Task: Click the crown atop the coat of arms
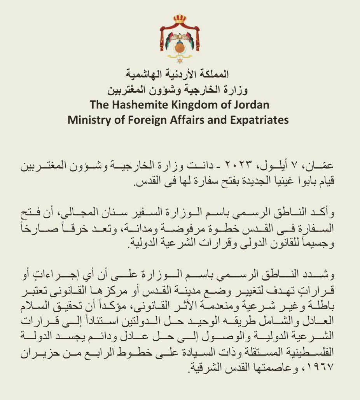pyautogui.click(x=180, y=18)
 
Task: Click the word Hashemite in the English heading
pyautogui.click(x=135, y=105)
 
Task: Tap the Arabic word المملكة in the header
pyautogui.click(x=215, y=74)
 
